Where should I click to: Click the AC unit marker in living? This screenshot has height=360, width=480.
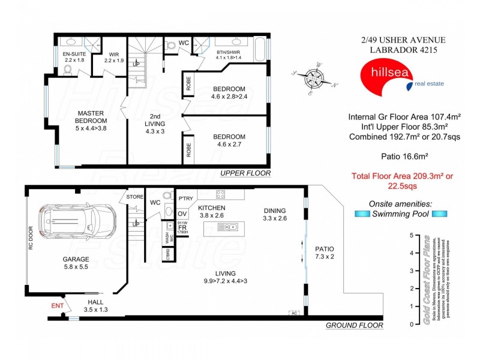(x=294, y=313)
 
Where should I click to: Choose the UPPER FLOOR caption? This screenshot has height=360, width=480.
(x=245, y=173)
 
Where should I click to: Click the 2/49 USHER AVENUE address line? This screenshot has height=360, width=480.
(x=396, y=40)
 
